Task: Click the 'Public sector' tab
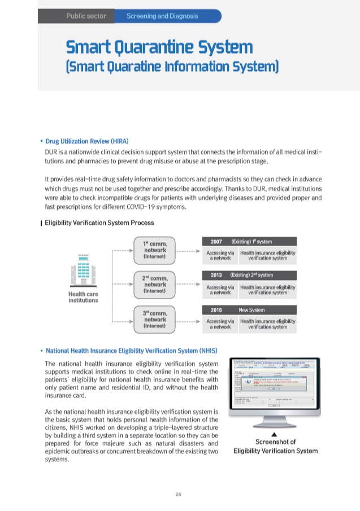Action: coord(86,16)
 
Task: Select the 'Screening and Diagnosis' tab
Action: coord(162,16)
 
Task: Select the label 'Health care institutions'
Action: coord(83,297)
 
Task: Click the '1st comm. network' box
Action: coord(154,250)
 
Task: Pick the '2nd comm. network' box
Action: coord(154,284)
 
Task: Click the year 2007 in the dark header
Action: coord(216,241)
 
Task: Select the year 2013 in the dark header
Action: coord(216,275)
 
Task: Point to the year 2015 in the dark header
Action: coord(216,310)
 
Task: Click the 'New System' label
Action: coord(251,310)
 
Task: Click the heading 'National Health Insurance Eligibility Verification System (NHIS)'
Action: coord(131,350)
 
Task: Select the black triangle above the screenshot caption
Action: coord(274,434)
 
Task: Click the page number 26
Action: coord(178,495)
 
